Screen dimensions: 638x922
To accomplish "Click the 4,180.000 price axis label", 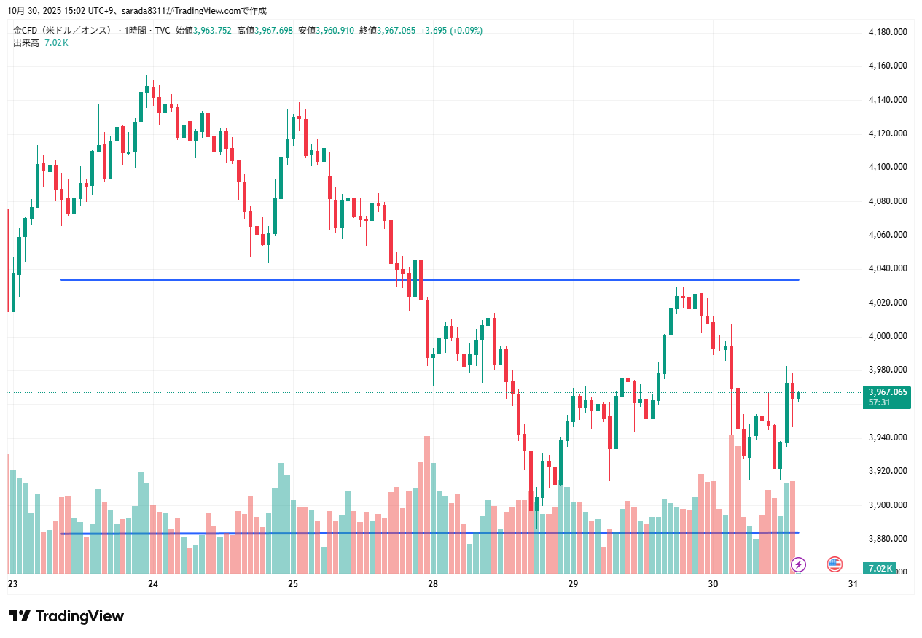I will click(887, 32).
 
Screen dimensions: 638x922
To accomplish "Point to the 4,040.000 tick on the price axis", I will click(887, 268).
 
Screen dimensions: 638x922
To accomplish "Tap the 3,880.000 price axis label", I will click(887, 539).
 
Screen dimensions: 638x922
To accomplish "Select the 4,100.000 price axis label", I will click(887, 167).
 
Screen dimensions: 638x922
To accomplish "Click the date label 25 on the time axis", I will click(293, 584).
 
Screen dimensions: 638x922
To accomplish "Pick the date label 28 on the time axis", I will click(433, 584).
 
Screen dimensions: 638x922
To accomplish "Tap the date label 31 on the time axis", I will click(853, 584).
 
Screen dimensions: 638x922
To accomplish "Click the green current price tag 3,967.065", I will click(888, 392).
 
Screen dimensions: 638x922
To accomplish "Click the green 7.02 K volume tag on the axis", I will click(880, 568).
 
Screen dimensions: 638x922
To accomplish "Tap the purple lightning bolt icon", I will click(799, 564).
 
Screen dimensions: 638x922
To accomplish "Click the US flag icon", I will click(835, 564).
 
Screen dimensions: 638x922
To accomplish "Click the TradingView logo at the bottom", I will click(66, 616).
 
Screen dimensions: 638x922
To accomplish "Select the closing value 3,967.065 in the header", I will click(397, 31).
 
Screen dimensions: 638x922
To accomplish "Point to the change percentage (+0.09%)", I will click(466, 31).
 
